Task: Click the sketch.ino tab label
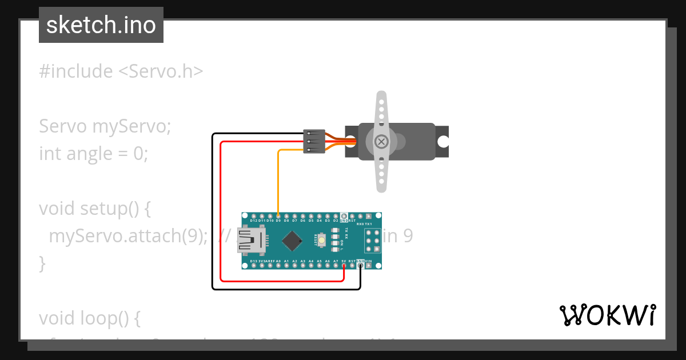pos(101,25)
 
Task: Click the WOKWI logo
pos(607,315)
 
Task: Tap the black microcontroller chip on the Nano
pos(293,241)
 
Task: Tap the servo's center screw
pos(381,141)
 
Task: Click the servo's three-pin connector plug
pos(314,141)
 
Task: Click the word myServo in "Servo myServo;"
pos(131,126)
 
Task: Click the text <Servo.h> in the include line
pos(161,71)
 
